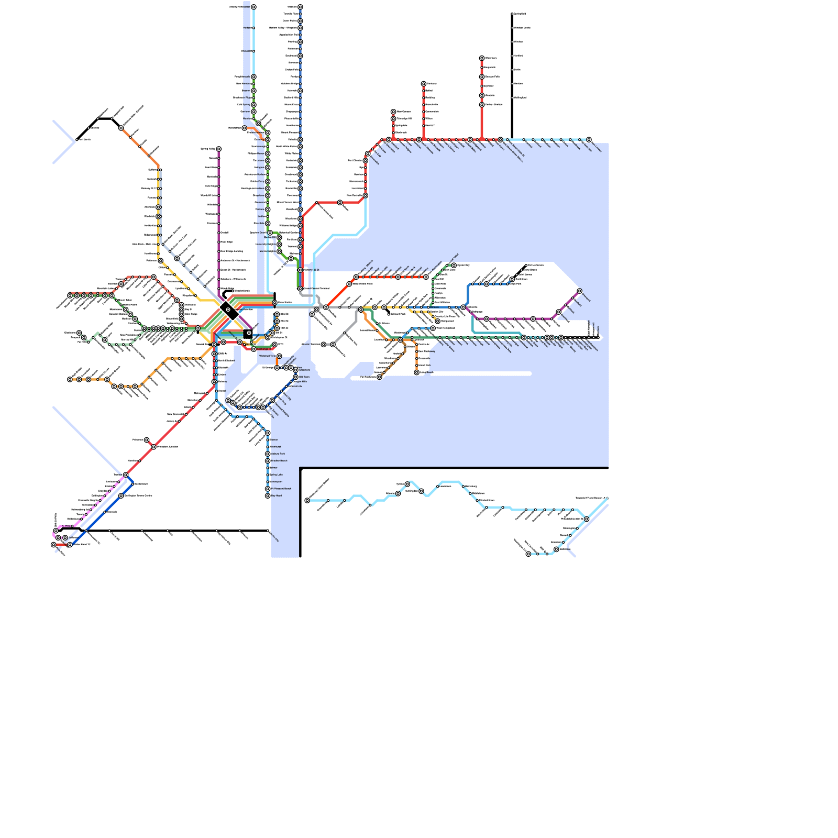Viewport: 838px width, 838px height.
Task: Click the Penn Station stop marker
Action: pyautogui.click(x=274, y=303)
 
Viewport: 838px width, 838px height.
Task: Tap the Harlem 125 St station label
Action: pyautogui.click(x=311, y=270)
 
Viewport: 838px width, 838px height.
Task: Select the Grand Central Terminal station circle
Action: pyautogui.click(x=300, y=289)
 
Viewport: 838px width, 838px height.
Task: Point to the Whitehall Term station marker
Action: pyautogui.click(x=279, y=356)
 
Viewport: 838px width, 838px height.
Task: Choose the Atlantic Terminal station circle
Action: pyautogui.click(x=324, y=345)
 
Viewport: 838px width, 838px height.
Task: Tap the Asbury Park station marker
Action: pyautogui.click(x=268, y=454)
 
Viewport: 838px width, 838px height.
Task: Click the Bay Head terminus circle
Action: pyautogui.click(x=268, y=495)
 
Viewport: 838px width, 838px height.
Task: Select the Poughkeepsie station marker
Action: pyautogui.click(x=253, y=77)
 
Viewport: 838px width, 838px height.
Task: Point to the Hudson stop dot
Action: pyautogui.click(x=253, y=28)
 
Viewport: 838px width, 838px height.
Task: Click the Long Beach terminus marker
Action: pyautogui.click(x=417, y=372)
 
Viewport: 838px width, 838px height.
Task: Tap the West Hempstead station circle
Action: pyautogui.click(x=433, y=328)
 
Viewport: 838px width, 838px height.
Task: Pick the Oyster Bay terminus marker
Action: pyautogui.click(x=454, y=266)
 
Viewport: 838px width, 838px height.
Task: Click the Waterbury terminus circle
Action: pyautogui.click(x=482, y=58)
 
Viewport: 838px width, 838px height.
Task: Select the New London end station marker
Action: pyautogui.click(x=589, y=140)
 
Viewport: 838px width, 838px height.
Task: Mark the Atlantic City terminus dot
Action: pyautogui.click(x=268, y=531)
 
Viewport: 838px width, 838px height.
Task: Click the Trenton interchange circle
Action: pyautogui.click(x=126, y=475)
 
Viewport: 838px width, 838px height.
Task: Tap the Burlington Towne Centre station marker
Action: pyautogui.click(x=121, y=495)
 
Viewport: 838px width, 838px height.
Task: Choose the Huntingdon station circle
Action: pyautogui.click(x=421, y=491)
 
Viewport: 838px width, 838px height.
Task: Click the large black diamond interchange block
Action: pyautogui.click(x=229, y=310)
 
